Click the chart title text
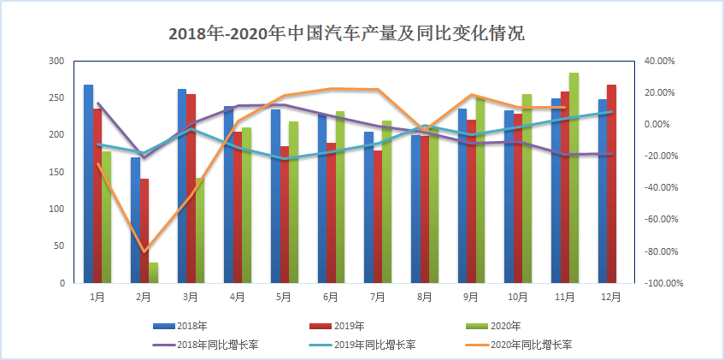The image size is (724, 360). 346,34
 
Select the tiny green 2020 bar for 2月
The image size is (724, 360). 154,273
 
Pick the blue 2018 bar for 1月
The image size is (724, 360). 88,184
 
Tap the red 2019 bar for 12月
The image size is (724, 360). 611,184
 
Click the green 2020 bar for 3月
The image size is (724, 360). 201,230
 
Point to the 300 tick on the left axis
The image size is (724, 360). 56,62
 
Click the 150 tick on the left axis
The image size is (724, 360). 56,172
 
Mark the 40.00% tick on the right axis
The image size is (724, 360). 659,62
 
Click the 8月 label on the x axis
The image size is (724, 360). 424,297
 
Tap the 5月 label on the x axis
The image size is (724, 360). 284,297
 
